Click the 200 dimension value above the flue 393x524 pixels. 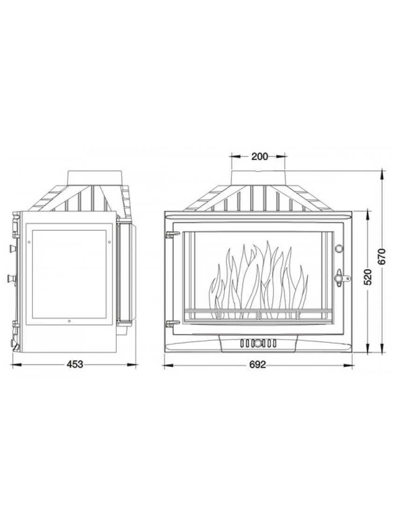260,156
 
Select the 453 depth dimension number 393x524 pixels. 74,364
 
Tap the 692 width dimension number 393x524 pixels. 258,365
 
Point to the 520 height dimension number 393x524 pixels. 367,277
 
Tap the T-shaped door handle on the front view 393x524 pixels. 342,277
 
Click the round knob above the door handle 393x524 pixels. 339,248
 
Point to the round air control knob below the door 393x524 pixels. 258,343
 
